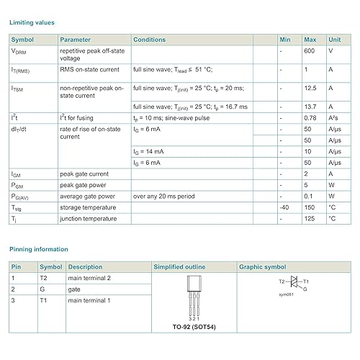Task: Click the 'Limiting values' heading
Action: click(x=32, y=22)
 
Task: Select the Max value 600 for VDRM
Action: click(x=310, y=51)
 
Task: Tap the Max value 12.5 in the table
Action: click(x=311, y=88)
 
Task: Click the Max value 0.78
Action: click(x=310, y=117)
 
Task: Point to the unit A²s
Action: click(x=333, y=117)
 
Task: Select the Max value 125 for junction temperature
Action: click(x=310, y=217)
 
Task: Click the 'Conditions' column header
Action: click(x=150, y=39)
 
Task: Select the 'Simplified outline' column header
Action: click(x=179, y=267)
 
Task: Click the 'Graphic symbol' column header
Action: click(x=262, y=267)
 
